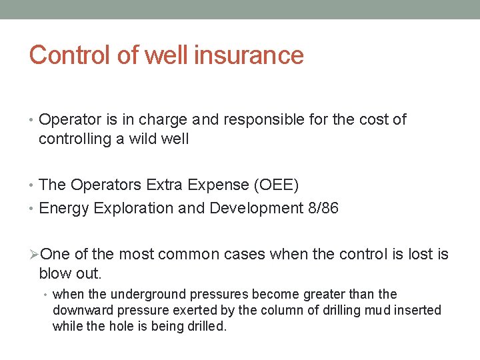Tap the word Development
tap(255, 208)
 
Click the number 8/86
tap(321, 208)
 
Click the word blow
tap(55, 273)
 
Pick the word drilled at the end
tap(206, 327)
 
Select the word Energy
tap(65, 208)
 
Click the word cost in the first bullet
tap(375, 120)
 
